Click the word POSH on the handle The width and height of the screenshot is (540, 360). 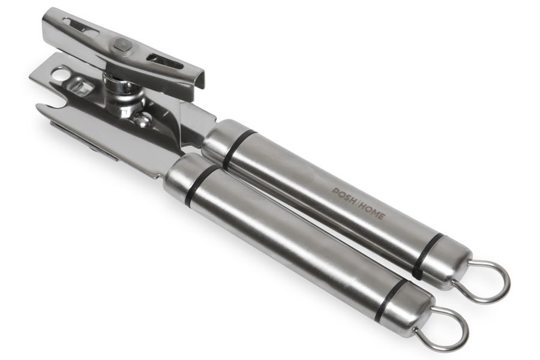[345, 197]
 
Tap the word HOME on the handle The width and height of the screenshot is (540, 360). [372, 212]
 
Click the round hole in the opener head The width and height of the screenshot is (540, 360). [61, 73]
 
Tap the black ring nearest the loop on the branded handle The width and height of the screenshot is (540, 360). [427, 256]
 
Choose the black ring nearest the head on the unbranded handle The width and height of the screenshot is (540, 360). [202, 186]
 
